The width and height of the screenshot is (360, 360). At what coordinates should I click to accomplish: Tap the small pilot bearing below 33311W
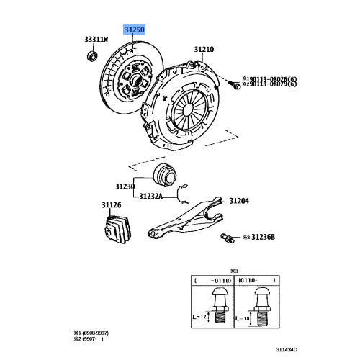click(x=91, y=55)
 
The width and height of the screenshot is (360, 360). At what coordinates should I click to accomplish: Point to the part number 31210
click(x=204, y=50)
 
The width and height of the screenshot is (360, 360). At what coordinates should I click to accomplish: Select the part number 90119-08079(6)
click(x=272, y=85)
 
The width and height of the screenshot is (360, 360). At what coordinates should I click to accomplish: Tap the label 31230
click(x=125, y=186)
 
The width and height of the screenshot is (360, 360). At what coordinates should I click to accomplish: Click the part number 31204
click(x=239, y=201)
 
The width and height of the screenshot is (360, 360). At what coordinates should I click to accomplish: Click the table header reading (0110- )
click(x=258, y=280)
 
